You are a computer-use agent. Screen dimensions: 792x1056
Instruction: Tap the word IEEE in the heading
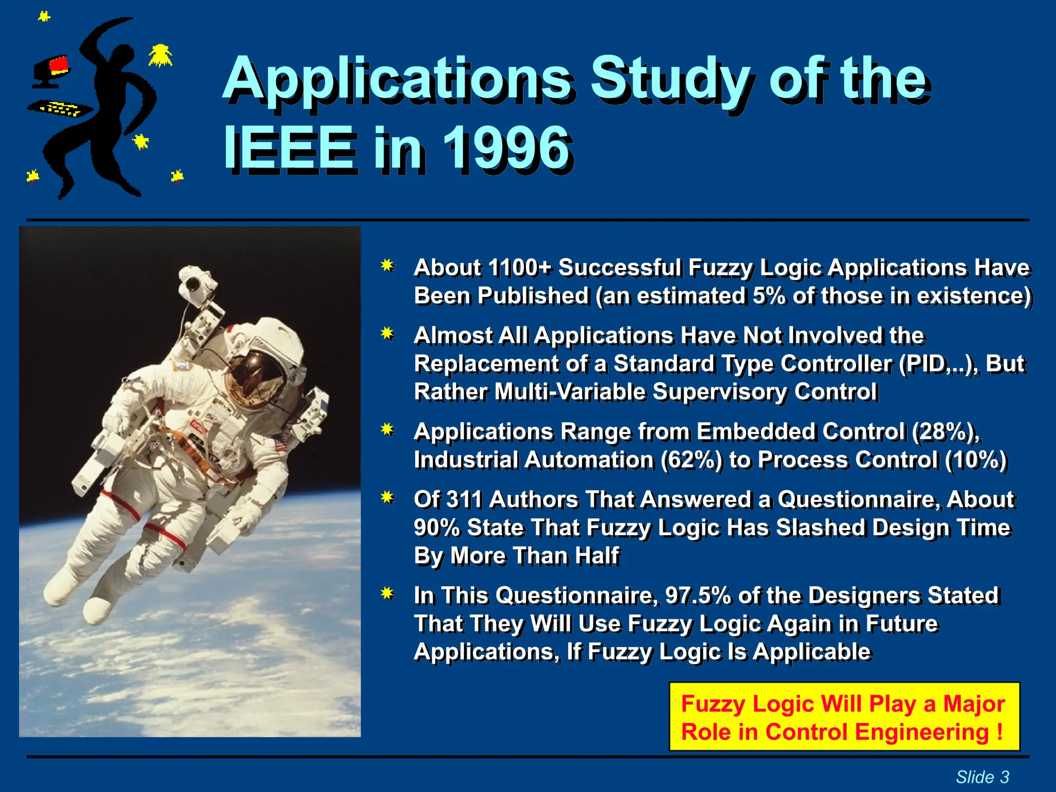[290, 148]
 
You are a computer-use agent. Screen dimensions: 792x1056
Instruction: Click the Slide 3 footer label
[982, 777]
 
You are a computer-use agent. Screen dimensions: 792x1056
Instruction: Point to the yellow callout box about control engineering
[844, 717]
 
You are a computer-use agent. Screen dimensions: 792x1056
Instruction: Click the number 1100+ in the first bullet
[519, 267]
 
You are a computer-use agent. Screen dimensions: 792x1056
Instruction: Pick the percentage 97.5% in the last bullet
[698, 595]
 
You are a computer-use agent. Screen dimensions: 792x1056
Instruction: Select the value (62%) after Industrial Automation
[691, 459]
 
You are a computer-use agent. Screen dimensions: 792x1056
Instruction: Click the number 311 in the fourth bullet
[464, 499]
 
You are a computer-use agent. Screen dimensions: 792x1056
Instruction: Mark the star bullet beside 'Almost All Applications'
[388, 334]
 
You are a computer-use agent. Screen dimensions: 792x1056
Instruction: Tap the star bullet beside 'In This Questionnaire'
[388, 594]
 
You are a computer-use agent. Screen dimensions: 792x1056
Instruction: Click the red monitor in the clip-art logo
[59, 65]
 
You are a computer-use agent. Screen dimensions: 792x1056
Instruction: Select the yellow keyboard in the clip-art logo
[61, 108]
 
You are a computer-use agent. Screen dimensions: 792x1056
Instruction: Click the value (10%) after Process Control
[976, 459]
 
